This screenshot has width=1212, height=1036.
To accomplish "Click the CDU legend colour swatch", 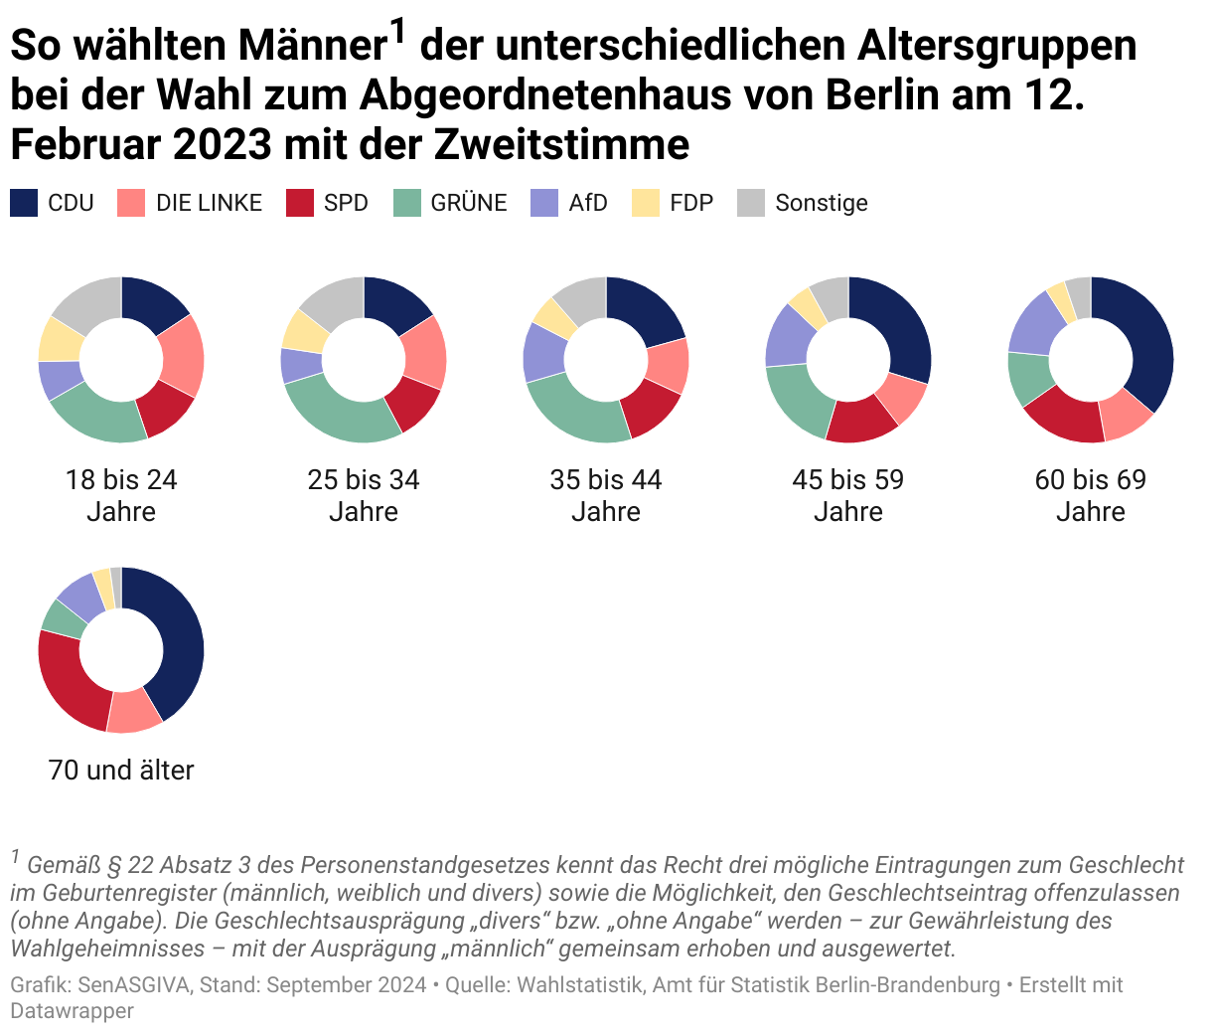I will tap(24, 203).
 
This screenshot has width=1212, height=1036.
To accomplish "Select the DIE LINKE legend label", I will tap(209, 203).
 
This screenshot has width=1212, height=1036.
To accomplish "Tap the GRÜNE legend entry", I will tap(468, 203).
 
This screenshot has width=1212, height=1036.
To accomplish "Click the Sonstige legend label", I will tap(821, 203).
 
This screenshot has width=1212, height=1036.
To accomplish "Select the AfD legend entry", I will tap(587, 203).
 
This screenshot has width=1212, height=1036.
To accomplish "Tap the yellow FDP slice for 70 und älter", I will tap(101, 587).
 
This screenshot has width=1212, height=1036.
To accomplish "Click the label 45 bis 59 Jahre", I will tap(848, 495).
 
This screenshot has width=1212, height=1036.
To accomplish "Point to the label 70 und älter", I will tap(121, 770).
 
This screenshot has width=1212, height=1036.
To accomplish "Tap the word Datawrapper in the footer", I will tap(72, 1011).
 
